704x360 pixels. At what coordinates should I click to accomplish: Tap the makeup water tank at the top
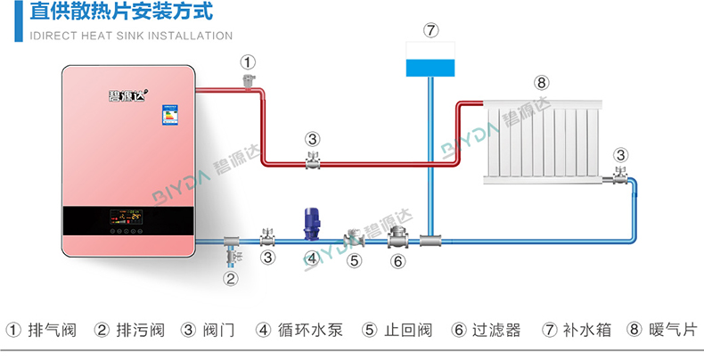[430, 60]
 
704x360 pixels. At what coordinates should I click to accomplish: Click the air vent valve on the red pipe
[248, 81]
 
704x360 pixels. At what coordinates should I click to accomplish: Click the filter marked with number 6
[397, 237]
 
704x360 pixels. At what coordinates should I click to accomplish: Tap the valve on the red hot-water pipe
[312, 160]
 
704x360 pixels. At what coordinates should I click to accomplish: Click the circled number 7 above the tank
[431, 30]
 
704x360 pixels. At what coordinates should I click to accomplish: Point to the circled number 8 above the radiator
[542, 83]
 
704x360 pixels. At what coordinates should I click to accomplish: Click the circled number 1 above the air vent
[248, 61]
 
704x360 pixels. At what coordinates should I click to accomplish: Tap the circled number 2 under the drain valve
[230, 279]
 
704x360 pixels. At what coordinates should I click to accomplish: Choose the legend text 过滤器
[495, 331]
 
